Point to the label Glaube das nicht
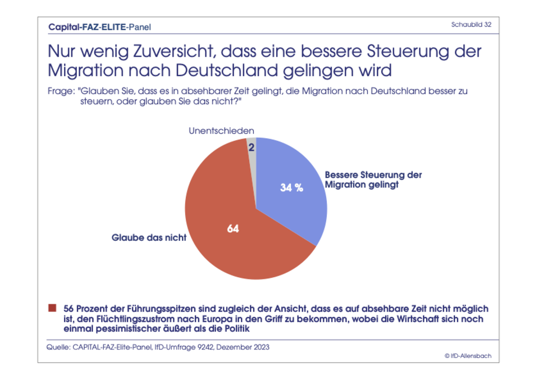pyautogui.click(x=149, y=238)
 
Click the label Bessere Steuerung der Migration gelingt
pyautogui.click(x=373, y=180)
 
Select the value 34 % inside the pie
pyautogui.click(x=291, y=188)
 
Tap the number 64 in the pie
pyautogui.click(x=233, y=229)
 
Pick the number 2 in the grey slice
pyautogui.click(x=252, y=148)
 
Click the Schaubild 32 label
pyautogui.click(x=472, y=25)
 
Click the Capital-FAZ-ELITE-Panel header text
pyautogui.click(x=99, y=26)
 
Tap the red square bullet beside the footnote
pyautogui.click(x=52, y=308)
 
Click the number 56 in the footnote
pyautogui.click(x=69, y=309)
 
